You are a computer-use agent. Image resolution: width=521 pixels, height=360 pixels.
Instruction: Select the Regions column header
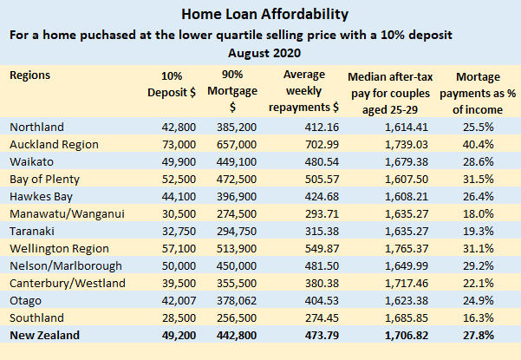click(29, 75)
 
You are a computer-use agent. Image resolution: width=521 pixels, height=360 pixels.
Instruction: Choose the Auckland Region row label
click(54, 144)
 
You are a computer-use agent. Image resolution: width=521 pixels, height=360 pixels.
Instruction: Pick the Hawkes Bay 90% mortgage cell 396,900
click(238, 196)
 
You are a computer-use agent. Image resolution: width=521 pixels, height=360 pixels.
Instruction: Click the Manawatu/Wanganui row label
click(65, 213)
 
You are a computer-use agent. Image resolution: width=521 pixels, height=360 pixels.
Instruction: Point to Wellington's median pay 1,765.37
click(394, 248)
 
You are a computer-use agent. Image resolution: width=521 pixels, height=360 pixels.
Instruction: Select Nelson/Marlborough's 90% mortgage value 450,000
click(238, 265)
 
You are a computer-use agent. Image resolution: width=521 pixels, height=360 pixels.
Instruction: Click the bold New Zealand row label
click(44, 335)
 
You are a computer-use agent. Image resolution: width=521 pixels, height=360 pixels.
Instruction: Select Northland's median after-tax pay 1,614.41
click(394, 127)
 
